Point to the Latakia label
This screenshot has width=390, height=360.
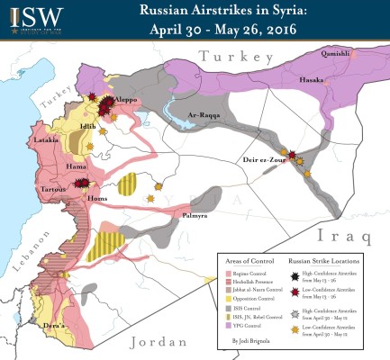click(48, 140)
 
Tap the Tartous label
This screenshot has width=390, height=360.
click(54, 191)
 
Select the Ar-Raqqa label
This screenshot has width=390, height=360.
click(205, 114)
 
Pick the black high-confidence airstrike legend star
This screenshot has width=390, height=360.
click(296, 274)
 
